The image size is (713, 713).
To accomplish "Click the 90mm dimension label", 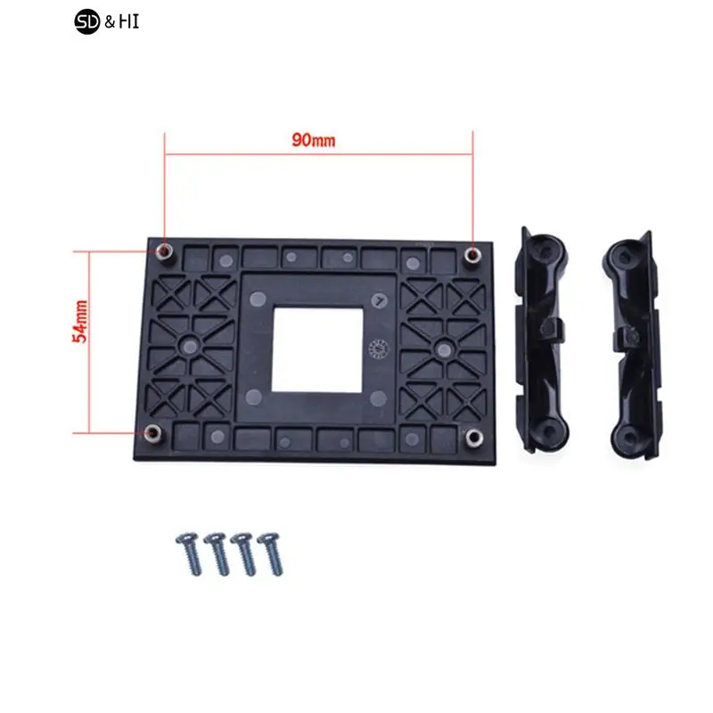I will pyautogui.click(x=312, y=140).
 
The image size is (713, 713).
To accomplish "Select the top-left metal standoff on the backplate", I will pyautogui.click(x=166, y=251).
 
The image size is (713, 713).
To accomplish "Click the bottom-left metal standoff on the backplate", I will pyautogui.click(x=154, y=433).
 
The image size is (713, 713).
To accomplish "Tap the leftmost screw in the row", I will pyautogui.click(x=189, y=553).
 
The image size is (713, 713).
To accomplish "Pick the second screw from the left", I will pyautogui.click(x=216, y=553).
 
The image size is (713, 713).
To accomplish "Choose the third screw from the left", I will pyautogui.click(x=242, y=553).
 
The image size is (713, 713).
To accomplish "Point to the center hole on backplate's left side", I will pyautogui.click(x=189, y=342).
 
